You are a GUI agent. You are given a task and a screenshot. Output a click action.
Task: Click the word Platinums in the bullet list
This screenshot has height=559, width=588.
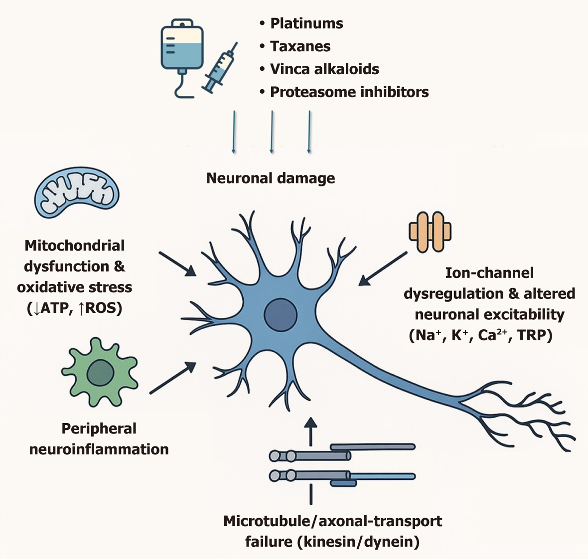coord(306,24)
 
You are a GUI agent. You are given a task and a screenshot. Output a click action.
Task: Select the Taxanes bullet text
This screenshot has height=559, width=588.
coord(300,46)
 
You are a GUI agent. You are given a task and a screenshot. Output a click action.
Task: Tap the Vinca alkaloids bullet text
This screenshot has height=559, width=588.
coord(324,69)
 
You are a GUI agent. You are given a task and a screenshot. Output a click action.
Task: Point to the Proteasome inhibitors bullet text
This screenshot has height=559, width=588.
coord(349,92)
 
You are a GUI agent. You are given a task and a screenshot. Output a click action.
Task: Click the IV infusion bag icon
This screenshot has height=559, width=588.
coord(182,46)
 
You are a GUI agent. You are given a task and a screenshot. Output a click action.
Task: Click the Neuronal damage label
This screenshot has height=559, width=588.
coord(270,178)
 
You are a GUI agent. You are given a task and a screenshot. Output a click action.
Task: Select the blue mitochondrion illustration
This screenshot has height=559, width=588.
coord(77,192)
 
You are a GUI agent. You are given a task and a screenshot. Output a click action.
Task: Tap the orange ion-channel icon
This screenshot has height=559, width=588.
coord(430,232)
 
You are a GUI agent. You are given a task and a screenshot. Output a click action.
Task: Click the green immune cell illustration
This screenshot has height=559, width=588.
coord(100,373)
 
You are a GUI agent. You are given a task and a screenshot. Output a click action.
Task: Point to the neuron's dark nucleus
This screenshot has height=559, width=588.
coord(280,314)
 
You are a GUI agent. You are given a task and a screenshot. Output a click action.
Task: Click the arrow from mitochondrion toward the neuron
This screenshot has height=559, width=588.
coord(177,264)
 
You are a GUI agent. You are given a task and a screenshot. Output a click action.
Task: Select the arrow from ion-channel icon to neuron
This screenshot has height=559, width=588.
coord(383,268)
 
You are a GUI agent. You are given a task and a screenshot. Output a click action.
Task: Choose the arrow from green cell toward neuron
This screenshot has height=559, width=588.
coord(173,378)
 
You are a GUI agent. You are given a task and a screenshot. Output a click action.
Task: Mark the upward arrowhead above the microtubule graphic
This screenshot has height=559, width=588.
coord(311,423)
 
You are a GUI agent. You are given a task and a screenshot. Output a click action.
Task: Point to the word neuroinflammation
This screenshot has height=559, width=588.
coord(99,450)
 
